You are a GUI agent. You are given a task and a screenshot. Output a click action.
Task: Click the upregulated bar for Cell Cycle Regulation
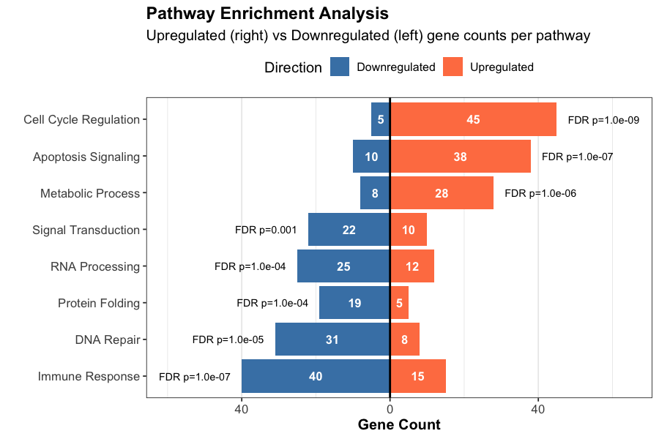tap(473, 119)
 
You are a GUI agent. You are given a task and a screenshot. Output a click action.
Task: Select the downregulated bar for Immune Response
tap(316, 376)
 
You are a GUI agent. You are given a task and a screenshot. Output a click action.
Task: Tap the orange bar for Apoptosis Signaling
tap(460, 156)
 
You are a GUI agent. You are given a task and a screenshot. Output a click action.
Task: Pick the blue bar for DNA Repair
tap(332, 339)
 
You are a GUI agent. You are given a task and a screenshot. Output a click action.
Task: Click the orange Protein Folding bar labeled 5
tap(399, 303)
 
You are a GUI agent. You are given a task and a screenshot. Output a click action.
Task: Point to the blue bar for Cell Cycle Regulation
tap(380, 119)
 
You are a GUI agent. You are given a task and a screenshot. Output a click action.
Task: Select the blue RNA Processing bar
tap(343, 266)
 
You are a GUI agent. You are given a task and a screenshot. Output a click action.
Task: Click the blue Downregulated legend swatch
tap(340, 67)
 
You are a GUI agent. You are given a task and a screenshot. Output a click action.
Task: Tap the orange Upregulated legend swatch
tap(453, 67)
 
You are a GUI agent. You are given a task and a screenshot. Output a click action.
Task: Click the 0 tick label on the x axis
tap(390, 409)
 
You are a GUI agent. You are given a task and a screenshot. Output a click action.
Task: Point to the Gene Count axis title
tap(399, 425)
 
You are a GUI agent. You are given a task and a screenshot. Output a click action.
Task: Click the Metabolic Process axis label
tap(89, 193)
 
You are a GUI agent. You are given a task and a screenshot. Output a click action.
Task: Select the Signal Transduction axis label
tap(86, 230)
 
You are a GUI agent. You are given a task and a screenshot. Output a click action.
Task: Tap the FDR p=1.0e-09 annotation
tap(603, 120)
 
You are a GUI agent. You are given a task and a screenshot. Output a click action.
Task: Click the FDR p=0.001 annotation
tap(266, 230)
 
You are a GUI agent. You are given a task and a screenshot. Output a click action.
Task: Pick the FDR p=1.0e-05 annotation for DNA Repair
tap(228, 339)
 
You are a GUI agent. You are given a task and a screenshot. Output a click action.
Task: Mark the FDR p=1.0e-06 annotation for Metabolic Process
tap(540, 193)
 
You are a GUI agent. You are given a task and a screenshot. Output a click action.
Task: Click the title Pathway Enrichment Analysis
tap(267, 13)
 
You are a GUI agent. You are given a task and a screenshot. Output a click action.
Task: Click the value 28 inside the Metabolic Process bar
tap(442, 193)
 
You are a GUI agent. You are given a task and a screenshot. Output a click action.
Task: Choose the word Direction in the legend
tap(293, 67)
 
